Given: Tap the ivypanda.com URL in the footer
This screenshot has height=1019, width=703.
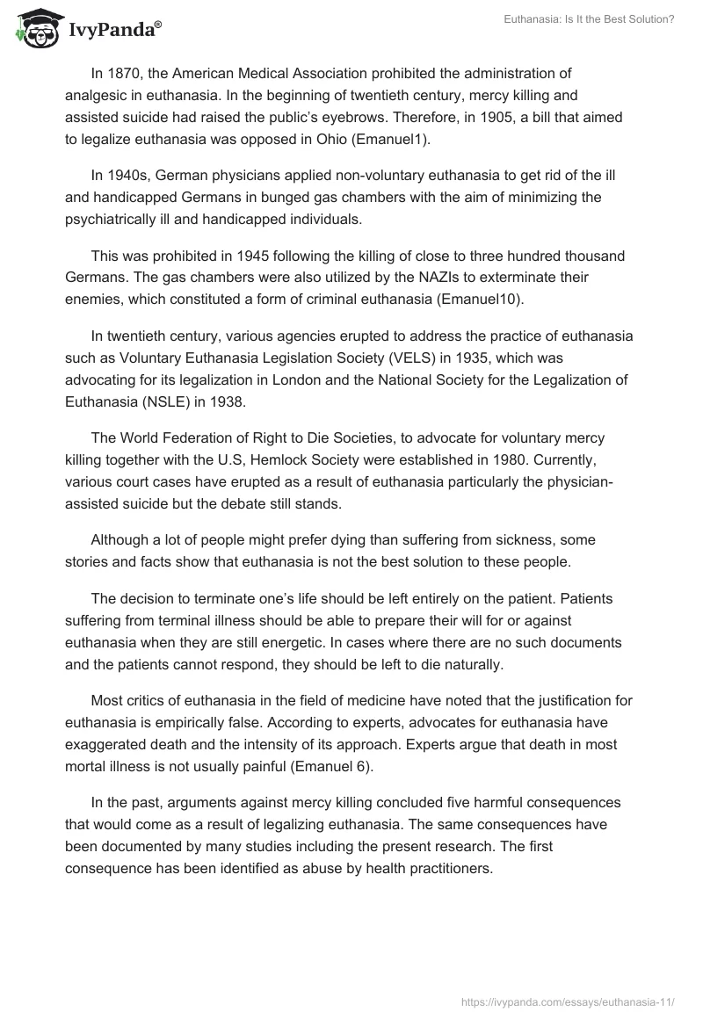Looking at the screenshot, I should [569, 1000].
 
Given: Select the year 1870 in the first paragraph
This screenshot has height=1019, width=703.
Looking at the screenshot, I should [126, 74].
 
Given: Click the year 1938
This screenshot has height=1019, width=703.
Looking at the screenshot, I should [221, 401].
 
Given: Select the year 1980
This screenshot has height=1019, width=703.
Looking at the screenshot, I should [514, 459].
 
